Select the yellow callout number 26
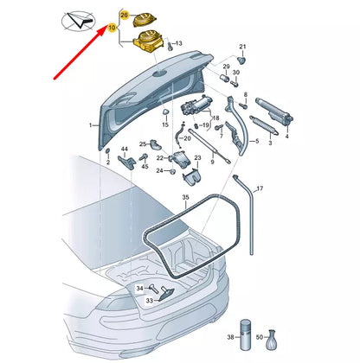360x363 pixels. pos(124,16)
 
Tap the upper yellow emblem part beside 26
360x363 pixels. pos(142,16)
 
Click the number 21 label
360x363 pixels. pos(242,47)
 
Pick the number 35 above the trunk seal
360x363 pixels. pos(185,199)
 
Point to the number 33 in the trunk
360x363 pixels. pos(148,301)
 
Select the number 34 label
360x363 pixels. pos(139,287)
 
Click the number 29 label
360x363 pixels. pos(226,67)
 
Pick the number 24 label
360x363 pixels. pos(160,171)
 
